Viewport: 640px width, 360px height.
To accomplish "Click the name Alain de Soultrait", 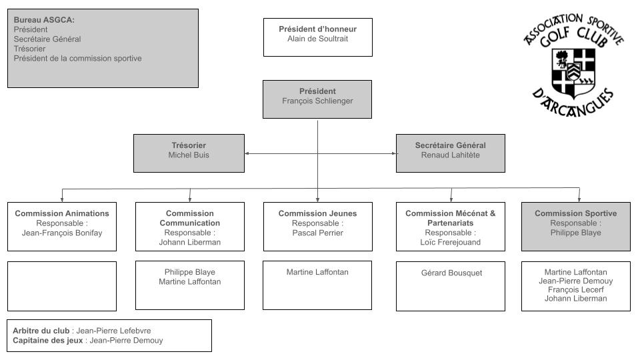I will pyautogui.click(x=317, y=39).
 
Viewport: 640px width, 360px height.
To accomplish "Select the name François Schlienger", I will pyautogui.click(x=317, y=101).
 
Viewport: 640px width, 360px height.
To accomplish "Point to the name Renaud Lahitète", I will pyautogui.click(x=450, y=155).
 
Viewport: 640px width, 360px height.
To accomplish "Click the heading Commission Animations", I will pyautogui.click(x=62, y=213).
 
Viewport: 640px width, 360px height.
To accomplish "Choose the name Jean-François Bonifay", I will pyautogui.click(x=62, y=233).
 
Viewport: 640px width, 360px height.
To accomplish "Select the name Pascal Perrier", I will pyautogui.click(x=317, y=233).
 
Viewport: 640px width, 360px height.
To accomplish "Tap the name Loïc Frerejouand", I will pyautogui.click(x=450, y=243).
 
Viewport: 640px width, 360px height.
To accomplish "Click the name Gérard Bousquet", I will pyautogui.click(x=450, y=273).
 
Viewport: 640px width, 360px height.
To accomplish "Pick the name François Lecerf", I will pyautogui.click(x=575, y=290).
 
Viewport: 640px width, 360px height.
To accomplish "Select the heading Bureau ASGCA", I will pyautogui.click(x=44, y=20).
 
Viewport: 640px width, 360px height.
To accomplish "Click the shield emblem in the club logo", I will pyautogui.click(x=573, y=69).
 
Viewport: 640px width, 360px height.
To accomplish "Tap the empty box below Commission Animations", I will pyautogui.click(x=62, y=286).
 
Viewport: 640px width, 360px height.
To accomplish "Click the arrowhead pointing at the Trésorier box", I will pyautogui.click(x=247, y=154).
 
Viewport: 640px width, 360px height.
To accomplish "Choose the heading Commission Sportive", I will pyautogui.click(x=575, y=213).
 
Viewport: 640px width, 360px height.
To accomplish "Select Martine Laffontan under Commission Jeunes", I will pyautogui.click(x=317, y=272).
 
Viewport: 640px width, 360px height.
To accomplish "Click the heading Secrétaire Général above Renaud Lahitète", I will pyautogui.click(x=450, y=145).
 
